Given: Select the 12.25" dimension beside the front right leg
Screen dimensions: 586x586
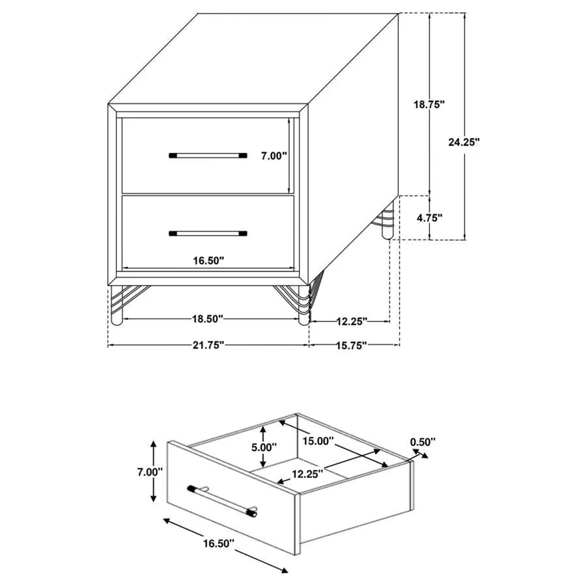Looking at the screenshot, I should coord(352,322).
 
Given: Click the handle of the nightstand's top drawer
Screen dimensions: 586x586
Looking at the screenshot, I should coord(208,156).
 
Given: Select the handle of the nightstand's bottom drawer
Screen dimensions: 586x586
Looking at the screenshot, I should coord(208,233).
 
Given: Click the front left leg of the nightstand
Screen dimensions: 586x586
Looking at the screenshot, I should coord(116,306).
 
